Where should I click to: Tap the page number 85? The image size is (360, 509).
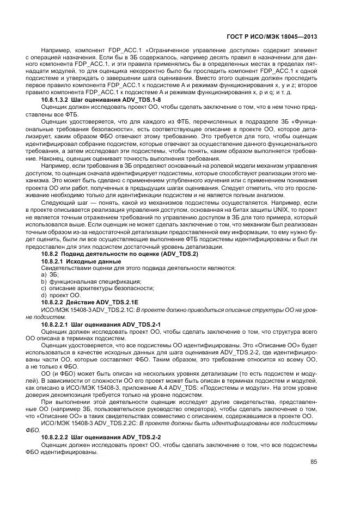coord(314,463)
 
